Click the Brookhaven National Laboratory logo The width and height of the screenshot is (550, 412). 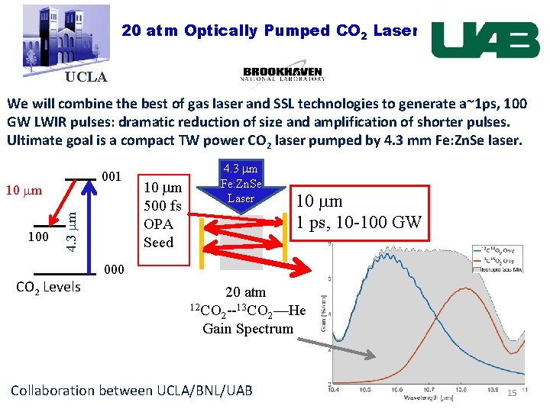click(x=283, y=72)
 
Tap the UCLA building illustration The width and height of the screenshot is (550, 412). click(x=65, y=38)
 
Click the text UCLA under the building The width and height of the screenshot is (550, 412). click(x=86, y=77)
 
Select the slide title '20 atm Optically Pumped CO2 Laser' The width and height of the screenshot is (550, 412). click(x=268, y=31)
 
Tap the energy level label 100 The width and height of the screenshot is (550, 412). click(x=38, y=237)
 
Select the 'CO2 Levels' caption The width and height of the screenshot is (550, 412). click(x=49, y=288)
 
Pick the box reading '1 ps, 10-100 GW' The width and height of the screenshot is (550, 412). click(x=360, y=211)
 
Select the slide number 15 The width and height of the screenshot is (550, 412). click(x=513, y=392)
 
